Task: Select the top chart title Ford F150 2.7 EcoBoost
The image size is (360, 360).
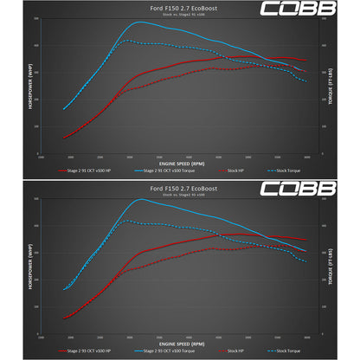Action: pyautogui.click(x=179, y=8)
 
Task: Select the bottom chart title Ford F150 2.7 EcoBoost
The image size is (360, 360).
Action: pyautogui.click(x=179, y=187)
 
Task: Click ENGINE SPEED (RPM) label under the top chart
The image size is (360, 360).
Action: pyautogui.click(x=179, y=162)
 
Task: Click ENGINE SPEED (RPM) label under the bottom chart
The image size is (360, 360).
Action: pyautogui.click(x=179, y=341)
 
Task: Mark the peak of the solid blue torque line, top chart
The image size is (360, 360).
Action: pyautogui.click(x=138, y=22)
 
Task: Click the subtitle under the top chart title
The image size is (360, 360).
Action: pyautogui.click(x=179, y=15)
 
